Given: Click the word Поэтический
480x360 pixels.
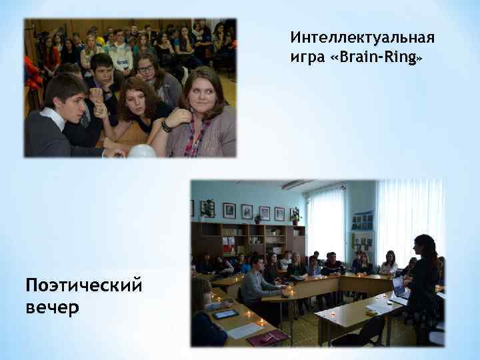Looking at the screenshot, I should click(83, 287).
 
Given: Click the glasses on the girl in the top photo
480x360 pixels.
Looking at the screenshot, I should click(146, 68).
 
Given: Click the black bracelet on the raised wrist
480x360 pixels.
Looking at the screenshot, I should click(166, 125).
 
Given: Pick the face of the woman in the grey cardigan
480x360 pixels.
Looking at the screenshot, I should click(201, 93).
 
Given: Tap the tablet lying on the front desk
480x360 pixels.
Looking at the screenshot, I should click(225, 313).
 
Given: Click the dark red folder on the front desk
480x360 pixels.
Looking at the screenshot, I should click(267, 337).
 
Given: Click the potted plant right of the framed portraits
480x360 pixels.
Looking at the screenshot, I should click(295, 216).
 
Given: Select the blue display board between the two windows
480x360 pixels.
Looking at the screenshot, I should click(362, 221).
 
